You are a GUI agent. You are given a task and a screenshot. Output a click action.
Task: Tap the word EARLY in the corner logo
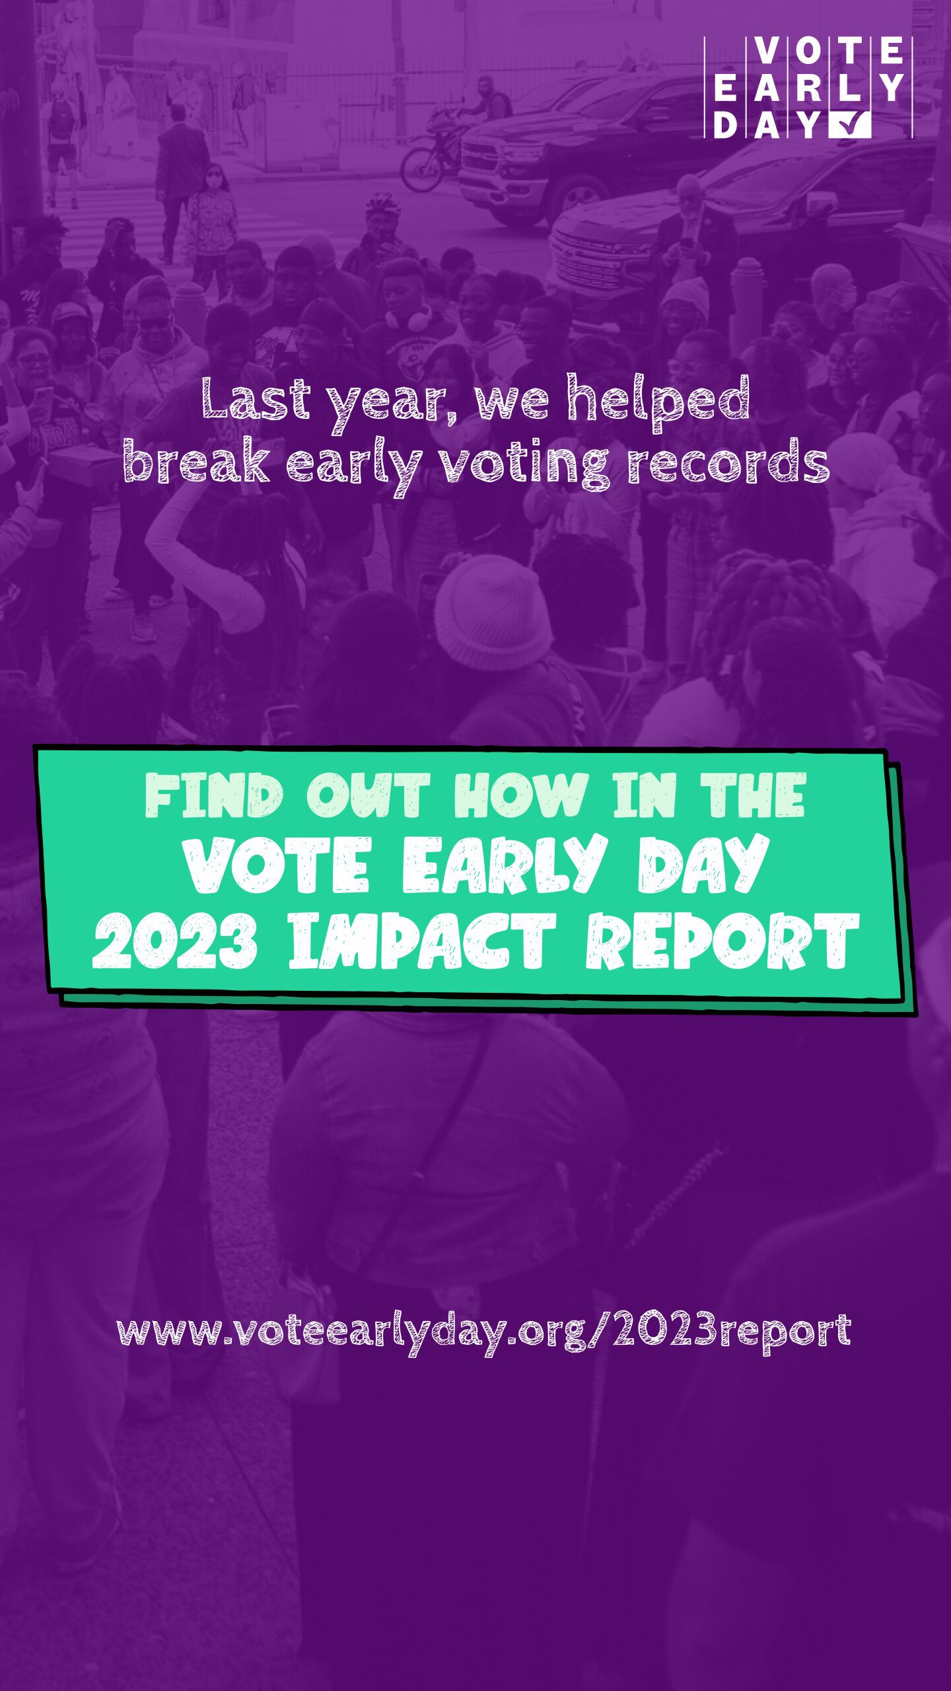point(808,87)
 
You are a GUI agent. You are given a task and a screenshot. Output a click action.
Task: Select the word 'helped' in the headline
point(658,403)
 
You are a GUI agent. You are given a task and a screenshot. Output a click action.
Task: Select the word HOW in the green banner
point(519,796)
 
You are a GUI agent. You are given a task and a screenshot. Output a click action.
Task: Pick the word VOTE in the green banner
point(277,865)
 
